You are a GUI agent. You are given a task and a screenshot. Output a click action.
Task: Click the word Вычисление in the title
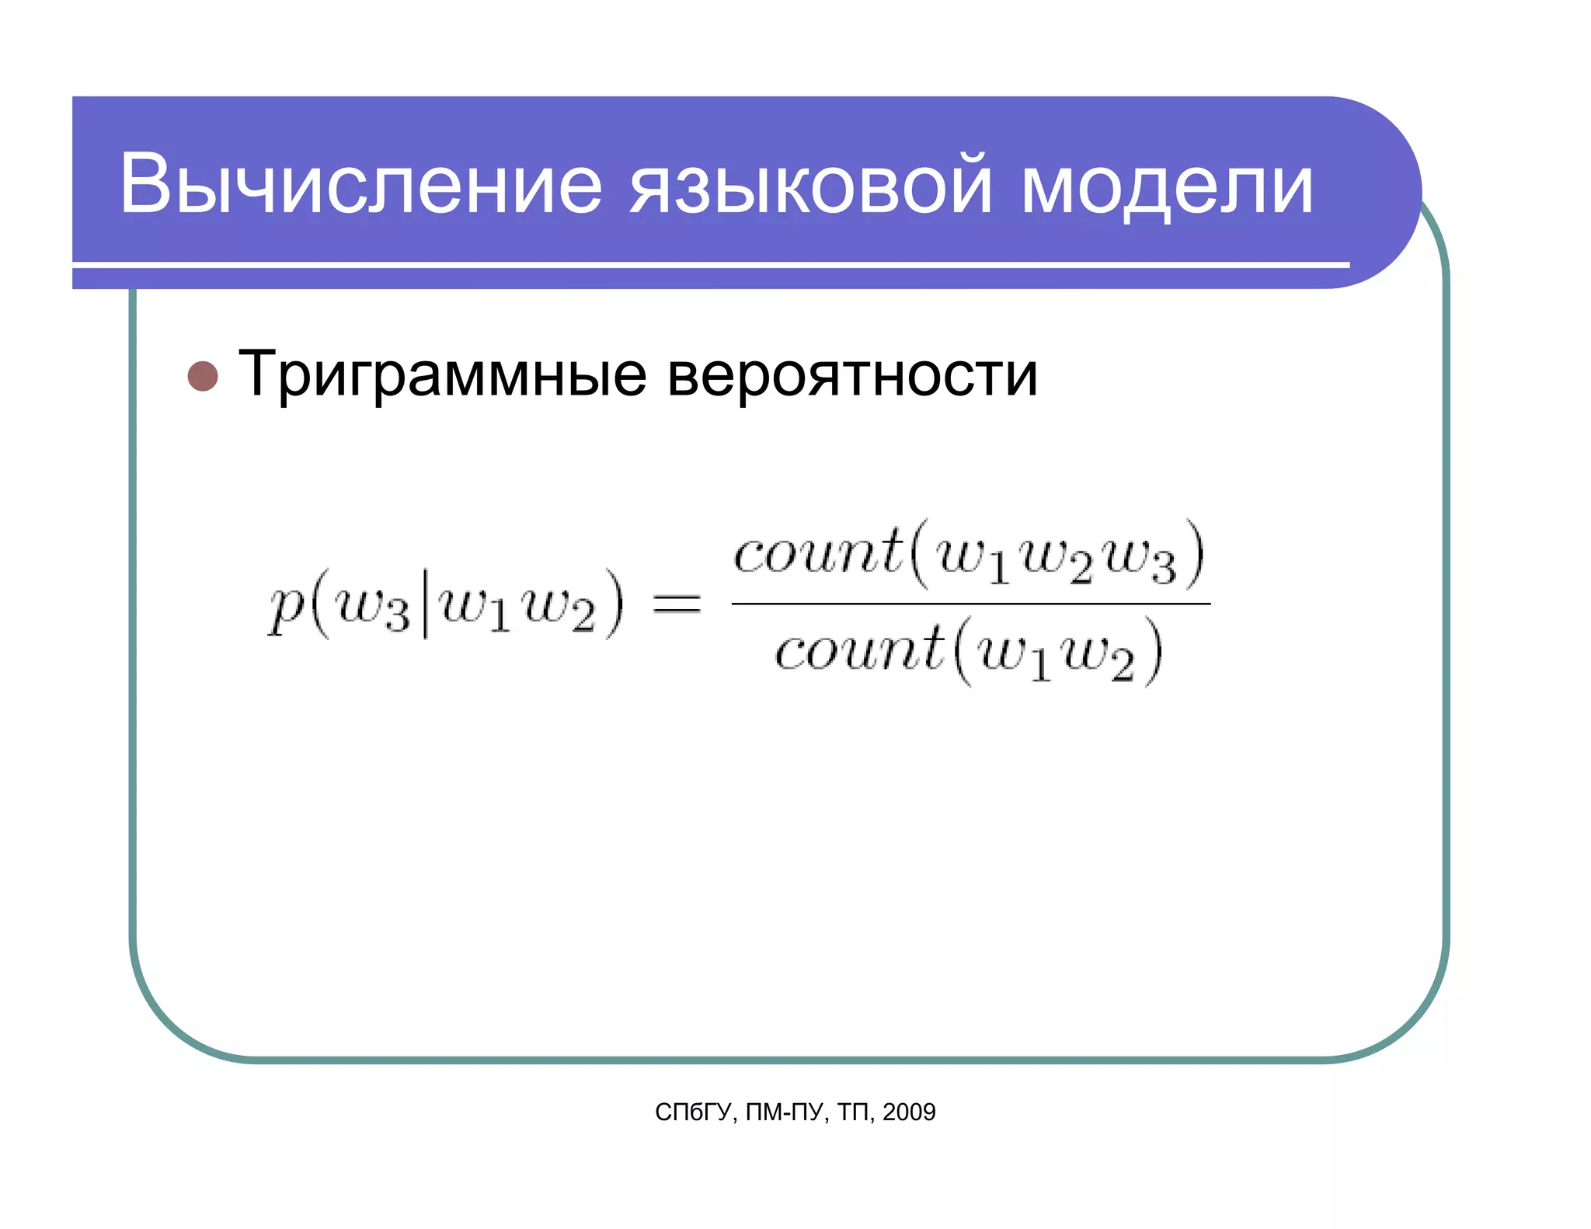360,185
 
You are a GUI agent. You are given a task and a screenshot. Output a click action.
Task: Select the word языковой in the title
810,185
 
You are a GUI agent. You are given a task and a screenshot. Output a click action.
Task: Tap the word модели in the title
1167,185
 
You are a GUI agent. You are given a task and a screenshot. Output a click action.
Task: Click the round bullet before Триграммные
203,376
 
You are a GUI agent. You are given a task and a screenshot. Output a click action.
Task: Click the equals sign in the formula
676,604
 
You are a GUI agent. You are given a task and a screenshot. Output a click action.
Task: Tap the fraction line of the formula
970,603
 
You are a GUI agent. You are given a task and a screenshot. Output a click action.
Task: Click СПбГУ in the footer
693,1112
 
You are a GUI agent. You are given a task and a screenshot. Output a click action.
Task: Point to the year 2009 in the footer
909,1112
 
